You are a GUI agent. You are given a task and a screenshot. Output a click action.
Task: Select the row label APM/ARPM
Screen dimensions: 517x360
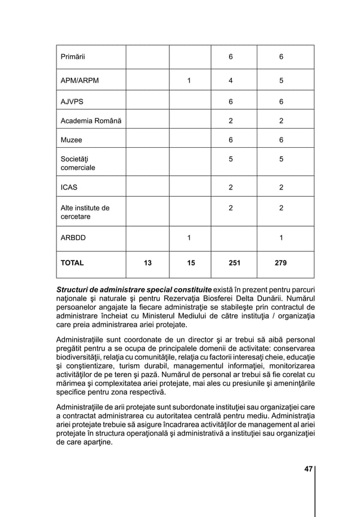[x=80, y=81]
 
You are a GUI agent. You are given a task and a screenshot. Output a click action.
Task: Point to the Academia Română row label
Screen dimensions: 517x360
[x=91, y=121]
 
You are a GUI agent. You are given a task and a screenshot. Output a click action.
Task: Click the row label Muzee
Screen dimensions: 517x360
[x=71, y=140]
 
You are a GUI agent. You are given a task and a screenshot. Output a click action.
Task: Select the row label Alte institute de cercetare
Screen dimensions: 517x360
[x=85, y=212]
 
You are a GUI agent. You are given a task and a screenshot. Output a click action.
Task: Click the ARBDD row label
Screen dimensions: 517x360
[x=73, y=238]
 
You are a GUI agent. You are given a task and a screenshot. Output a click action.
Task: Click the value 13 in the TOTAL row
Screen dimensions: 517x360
[x=148, y=263]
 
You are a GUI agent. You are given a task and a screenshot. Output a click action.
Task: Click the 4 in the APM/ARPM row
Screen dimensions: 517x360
[x=230, y=81]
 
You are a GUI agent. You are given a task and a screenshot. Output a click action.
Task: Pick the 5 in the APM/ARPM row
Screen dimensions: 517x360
[x=281, y=81]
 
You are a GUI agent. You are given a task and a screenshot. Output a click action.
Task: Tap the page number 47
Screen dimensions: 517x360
[x=308, y=469]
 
